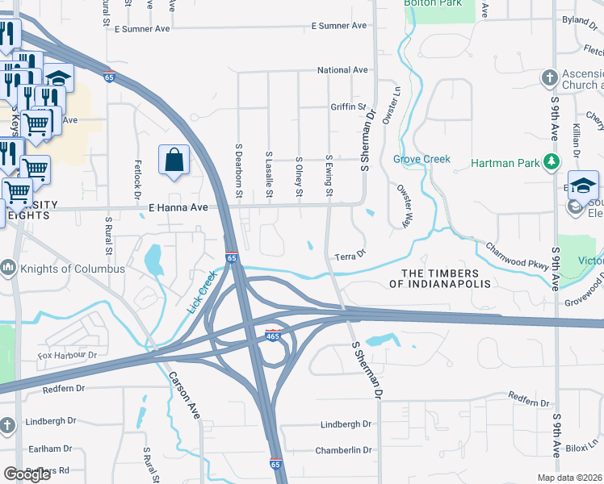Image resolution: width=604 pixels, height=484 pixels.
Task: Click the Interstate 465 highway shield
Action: coord(273,335)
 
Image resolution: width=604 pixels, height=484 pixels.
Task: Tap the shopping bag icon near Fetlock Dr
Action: coord(174,160)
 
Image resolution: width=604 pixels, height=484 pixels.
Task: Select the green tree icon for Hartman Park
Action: coord(552,163)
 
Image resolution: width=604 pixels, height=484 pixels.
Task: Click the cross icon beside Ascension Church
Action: coord(549,78)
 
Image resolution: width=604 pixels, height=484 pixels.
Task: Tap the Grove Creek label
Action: coord(422,159)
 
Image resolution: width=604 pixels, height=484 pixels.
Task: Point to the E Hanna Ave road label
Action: coord(178,207)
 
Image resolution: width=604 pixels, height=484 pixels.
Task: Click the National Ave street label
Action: coord(342,70)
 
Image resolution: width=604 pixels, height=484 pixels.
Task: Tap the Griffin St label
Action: coord(348,106)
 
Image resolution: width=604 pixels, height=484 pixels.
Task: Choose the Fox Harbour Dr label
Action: coord(67,355)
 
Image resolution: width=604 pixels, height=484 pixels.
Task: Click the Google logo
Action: coord(27,474)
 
